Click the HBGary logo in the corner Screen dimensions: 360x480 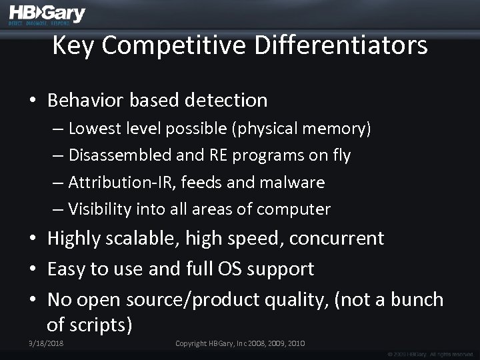[x=47, y=15]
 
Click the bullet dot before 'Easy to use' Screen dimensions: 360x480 [x=32, y=270]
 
